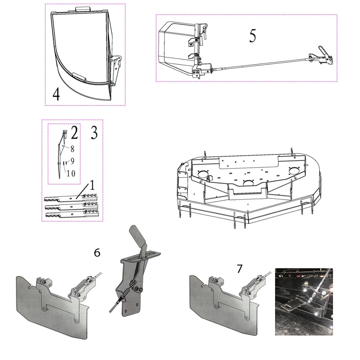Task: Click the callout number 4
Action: [x=56, y=94]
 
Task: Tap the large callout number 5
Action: [x=253, y=36]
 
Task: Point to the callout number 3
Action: [x=94, y=132]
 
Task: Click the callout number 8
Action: [x=72, y=149]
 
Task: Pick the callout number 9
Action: [x=72, y=161]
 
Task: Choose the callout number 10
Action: [x=71, y=173]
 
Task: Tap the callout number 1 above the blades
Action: [x=92, y=185]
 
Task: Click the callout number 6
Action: [x=97, y=253]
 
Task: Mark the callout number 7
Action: [x=239, y=269]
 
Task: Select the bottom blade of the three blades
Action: [x=72, y=215]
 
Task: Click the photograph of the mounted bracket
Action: [x=304, y=302]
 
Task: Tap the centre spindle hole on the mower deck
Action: [x=248, y=183]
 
